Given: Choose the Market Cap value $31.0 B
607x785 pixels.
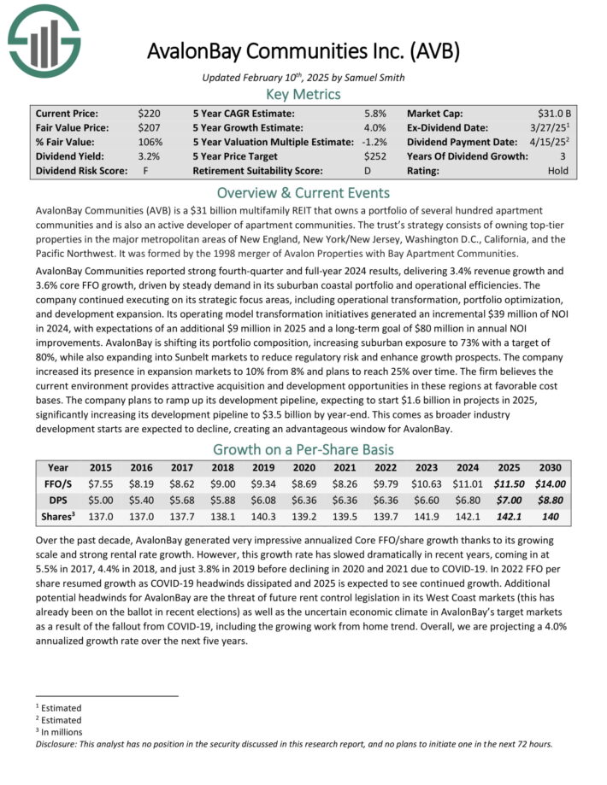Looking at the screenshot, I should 555,113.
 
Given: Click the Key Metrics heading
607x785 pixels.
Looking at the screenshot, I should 303,94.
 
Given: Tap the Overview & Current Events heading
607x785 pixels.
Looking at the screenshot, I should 303,192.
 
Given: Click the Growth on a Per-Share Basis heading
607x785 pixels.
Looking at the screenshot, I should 303,448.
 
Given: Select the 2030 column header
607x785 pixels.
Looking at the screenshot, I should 551,467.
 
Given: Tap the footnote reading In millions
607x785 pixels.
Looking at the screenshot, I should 62,731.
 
